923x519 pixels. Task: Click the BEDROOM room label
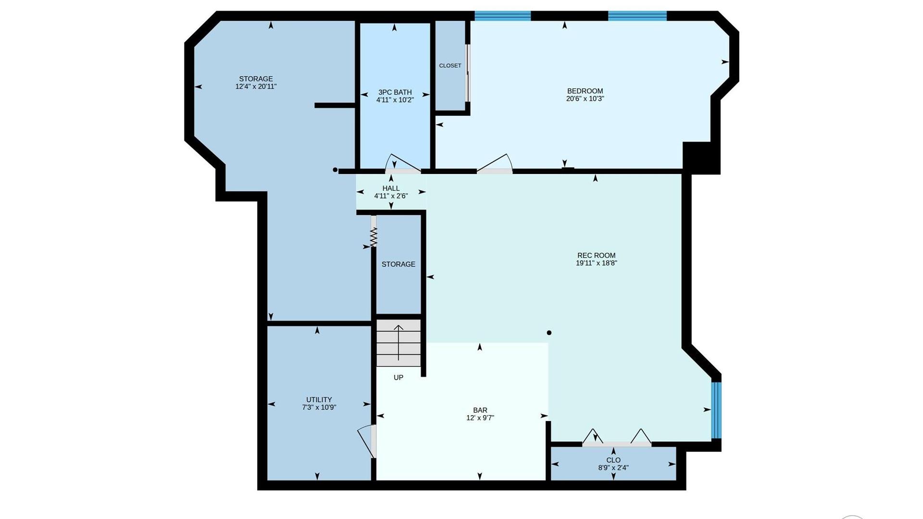click(x=585, y=91)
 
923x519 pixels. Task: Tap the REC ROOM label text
click(x=596, y=255)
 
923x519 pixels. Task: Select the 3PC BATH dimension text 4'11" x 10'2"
click(x=395, y=100)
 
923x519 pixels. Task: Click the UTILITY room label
click(x=319, y=399)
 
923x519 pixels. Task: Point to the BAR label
click(x=480, y=410)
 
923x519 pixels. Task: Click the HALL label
click(x=391, y=188)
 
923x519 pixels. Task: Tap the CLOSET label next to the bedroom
click(x=450, y=65)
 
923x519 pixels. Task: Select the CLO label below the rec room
click(x=613, y=460)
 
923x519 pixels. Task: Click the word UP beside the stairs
click(x=399, y=377)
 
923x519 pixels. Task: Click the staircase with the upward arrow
click(x=399, y=343)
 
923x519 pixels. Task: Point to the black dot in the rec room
click(x=549, y=333)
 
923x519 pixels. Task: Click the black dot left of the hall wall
click(x=335, y=170)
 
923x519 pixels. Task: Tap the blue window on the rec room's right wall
click(x=716, y=410)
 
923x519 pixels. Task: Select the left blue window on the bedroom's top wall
click(x=503, y=16)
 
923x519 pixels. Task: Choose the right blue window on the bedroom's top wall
click(x=637, y=16)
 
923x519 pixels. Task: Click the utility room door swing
click(x=367, y=441)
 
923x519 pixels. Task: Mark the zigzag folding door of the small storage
click(x=374, y=236)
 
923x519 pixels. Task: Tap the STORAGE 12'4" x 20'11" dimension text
click(x=256, y=86)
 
